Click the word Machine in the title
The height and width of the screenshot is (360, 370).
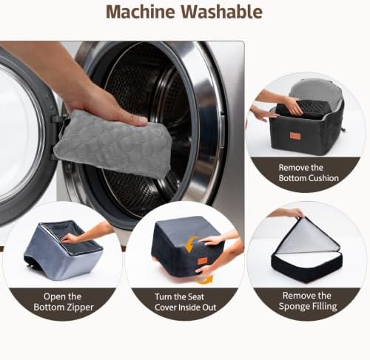141,12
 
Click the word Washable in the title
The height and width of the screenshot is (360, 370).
222,12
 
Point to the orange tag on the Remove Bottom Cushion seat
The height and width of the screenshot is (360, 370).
295,136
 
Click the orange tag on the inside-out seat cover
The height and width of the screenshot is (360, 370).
203,261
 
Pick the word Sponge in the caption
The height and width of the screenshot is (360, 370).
295,307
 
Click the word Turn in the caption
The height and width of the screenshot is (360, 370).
164,297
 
